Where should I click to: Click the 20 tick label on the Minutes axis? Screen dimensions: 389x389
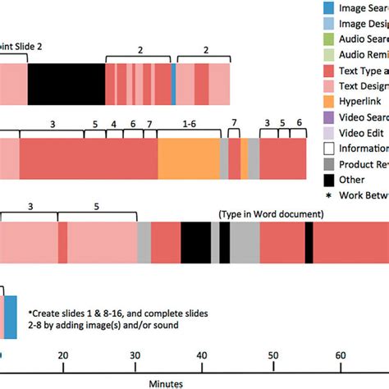[x=62, y=354]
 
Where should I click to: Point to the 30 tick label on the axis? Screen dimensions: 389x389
[x=134, y=354]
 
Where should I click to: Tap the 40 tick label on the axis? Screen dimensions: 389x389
[x=203, y=354]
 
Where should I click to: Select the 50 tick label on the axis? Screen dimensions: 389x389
[x=272, y=354]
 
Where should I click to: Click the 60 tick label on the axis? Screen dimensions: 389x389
[x=341, y=354]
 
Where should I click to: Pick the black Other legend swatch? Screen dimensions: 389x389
[x=328, y=180]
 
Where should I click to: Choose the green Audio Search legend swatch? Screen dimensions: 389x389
[x=328, y=39]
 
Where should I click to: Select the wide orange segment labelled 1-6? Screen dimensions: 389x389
[x=188, y=158]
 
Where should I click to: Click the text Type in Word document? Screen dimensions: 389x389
[x=271, y=214]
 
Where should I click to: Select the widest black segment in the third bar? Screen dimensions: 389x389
[x=195, y=243]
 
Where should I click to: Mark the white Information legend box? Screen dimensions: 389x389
[x=328, y=149]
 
